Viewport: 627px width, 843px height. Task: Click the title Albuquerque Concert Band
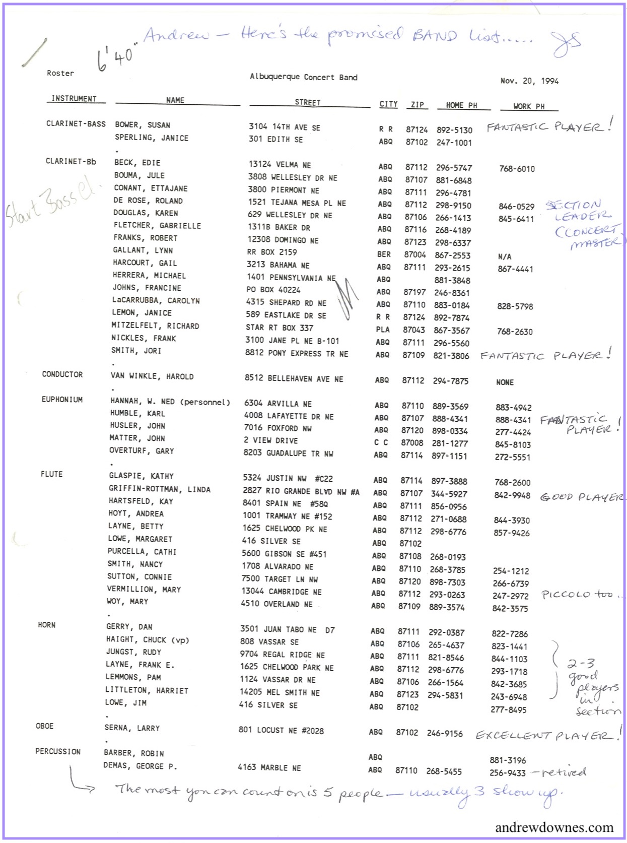click(303, 77)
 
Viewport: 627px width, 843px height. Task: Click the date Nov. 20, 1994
click(529, 81)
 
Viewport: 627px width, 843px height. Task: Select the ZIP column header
click(417, 104)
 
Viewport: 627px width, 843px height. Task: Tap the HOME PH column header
click(461, 105)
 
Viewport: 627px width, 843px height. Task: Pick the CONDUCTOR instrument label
click(62, 374)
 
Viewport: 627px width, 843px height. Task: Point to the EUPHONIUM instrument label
click(62, 400)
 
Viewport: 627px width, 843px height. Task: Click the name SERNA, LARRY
click(132, 728)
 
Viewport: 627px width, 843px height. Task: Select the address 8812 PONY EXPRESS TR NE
click(297, 353)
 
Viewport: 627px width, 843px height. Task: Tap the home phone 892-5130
click(454, 130)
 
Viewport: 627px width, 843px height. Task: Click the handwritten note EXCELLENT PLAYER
click(548, 735)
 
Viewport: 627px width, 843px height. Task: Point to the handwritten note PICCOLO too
click(580, 595)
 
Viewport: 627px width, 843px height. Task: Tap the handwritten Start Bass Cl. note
click(50, 204)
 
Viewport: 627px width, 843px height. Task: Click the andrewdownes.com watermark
click(554, 827)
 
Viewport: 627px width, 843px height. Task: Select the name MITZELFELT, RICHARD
click(155, 326)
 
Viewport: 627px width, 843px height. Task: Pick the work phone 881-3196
click(508, 760)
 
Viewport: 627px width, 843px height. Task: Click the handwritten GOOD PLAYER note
click(582, 497)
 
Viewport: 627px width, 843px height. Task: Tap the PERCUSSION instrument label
click(58, 751)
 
